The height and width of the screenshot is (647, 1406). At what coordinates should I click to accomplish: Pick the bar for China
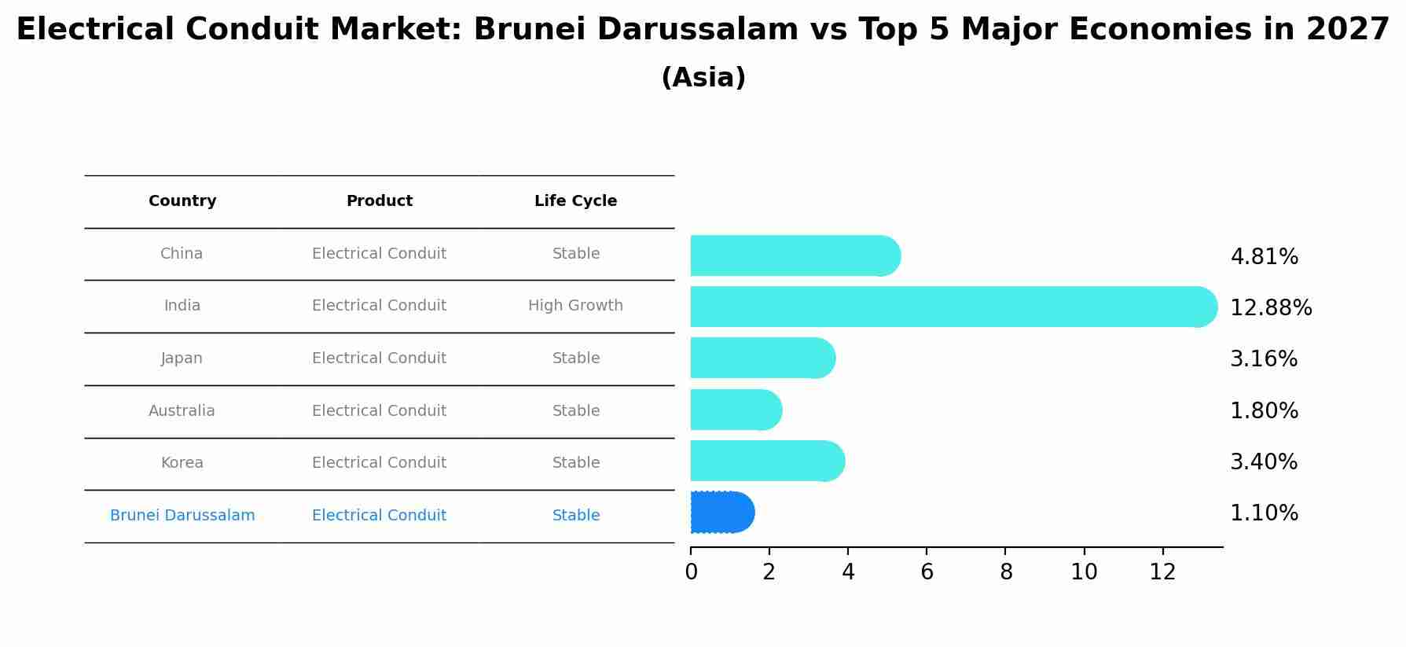pos(795,255)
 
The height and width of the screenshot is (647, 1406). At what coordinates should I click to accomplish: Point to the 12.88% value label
pos(1270,308)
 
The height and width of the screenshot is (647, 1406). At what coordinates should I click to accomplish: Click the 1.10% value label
pos(1264,513)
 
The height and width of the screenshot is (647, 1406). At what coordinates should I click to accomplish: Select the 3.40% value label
pos(1264,462)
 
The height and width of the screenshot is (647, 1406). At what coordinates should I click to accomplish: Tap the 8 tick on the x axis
pos(1006,572)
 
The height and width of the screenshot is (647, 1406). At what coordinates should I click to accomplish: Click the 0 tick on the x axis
pos(691,572)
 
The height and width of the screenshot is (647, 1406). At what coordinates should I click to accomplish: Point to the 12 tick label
pos(1162,572)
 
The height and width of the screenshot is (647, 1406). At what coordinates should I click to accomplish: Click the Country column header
pos(182,201)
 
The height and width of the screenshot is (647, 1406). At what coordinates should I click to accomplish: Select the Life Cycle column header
pos(575,201)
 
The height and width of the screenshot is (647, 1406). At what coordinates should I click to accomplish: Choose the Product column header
pos(379,201)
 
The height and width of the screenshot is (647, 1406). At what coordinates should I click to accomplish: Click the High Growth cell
pos(575,306)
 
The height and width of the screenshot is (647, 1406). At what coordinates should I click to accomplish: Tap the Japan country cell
pos(182,358)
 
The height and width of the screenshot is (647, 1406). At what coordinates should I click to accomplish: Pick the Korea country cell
pos(182,463)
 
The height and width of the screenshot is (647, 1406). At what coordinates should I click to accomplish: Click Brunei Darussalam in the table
pos(182,516)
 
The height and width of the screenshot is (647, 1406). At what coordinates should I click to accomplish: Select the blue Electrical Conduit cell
pos(379,516)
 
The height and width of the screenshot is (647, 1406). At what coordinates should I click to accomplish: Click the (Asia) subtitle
pos(703,78)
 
